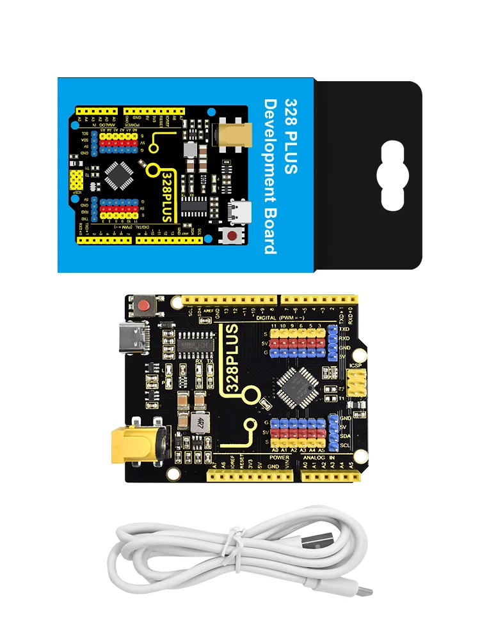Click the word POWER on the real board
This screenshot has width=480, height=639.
pyautogui.click(x=279, y=458)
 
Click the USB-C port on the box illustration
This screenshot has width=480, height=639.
pyautogui.click(x=242, y=208)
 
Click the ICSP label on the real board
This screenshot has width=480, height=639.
pyautogui.click(x=356, y=366)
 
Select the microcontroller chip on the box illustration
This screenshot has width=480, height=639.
pyautogui.click(x=120, y=176)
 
